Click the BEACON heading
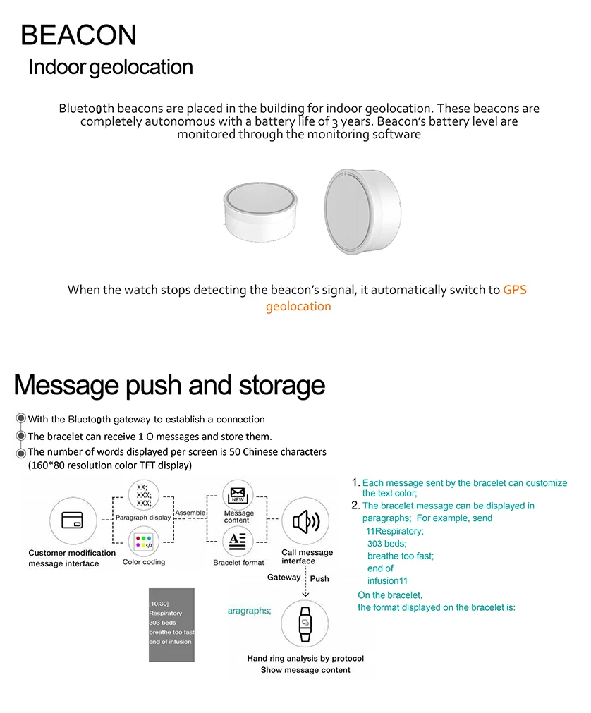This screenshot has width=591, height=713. coord(78,35)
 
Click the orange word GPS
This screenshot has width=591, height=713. coord(515,290)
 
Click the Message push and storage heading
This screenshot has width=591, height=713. coord(169,386)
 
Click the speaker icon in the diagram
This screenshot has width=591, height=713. coord(305,522)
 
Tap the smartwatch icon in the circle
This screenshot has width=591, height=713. coord(305,623)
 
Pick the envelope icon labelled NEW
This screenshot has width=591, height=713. coord(238,495)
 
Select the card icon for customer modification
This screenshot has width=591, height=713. coord(73,520)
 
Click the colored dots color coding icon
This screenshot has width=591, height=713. coord(143,542)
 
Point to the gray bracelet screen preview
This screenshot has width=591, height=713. coord(171,624)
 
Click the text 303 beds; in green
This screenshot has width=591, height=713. coord(386,544)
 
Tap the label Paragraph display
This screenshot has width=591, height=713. coord(143,517)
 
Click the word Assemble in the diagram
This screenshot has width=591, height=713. coord(190,513)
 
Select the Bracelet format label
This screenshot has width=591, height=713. coord(238,562)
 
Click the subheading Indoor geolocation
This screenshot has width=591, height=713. coord(111,68)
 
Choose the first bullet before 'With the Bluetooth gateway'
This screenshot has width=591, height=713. coord(21,419)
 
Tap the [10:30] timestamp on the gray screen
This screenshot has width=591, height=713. coord(158,604)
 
